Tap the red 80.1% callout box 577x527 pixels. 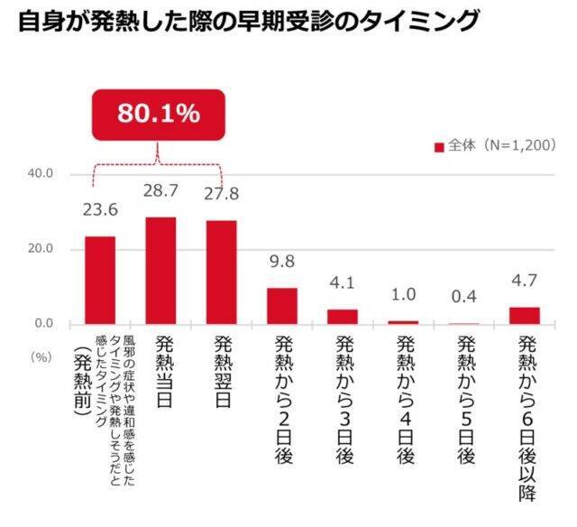pyautogui.click(x=159, y=114)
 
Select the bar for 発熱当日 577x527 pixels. pyautogui.click(x=160, y=270)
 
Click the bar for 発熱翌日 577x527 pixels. pyautogui.click(x=221, y=272)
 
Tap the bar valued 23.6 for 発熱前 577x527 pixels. pyautogui.click(x=99, y=280)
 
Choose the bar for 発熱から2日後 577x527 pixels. pyautogui.click(x=281, y=306)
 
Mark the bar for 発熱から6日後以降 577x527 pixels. pyautogui.click(x=524, y=315)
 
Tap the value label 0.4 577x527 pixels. pyautogui.click(x=463, y=296)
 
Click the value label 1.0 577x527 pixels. pyautogui.click(x=403, y=294)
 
